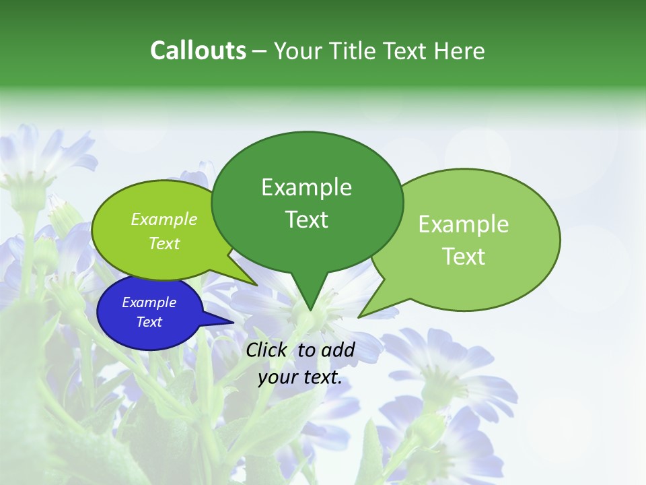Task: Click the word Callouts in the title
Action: (x=198, y=51)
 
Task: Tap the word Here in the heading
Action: (x=461, y=51)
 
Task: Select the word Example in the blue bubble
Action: (x=149, y=302)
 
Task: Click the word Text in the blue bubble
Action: (x=149, y=322)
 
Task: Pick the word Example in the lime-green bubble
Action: (x=164, y=219)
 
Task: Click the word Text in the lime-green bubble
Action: (x=164, y=243)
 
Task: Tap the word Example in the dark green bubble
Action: (x=306, y=187)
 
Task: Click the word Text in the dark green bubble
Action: (x=306, y=220)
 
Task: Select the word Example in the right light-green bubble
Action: (x=464, y=224)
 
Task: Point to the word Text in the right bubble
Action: (x=464, y=257)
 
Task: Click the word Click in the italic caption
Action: (x=266, y=350)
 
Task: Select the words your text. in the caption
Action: (x=300, y=377)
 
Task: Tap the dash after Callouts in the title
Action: (x=260, y=51)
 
